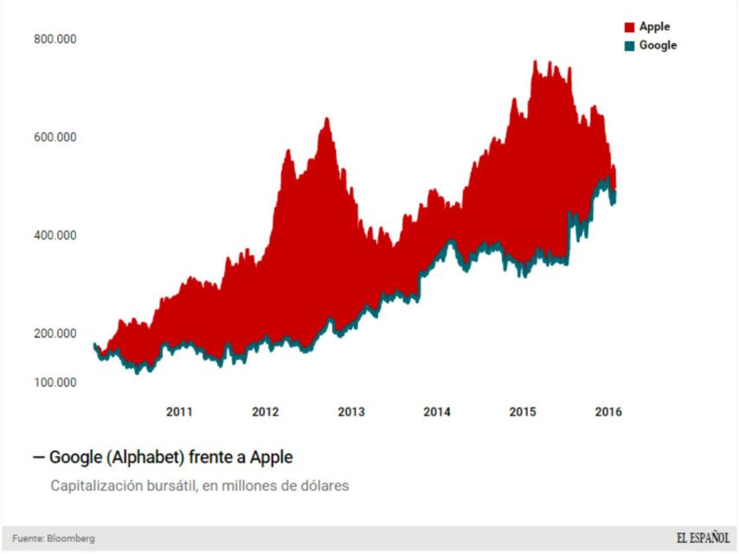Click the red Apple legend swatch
tap(630, 28)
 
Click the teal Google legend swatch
tap(630, 45)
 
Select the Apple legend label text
tap(654, 27)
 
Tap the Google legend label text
tap(658, 45)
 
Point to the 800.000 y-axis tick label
tap(55, 39)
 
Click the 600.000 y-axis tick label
tap(55, 137)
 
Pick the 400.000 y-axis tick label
tap(55, 235)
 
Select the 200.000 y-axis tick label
tap(55, 333)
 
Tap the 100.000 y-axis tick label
tap(55, 383)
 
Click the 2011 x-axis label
tap(179, 412)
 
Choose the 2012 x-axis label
tap(265, 412)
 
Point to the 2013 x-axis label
tap(350, 412)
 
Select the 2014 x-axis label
tap(437, 412)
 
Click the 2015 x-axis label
tap(523, 412)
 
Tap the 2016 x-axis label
tap(608, 412)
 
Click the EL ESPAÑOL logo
tap(703, 538)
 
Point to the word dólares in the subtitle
tap(323, 486)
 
